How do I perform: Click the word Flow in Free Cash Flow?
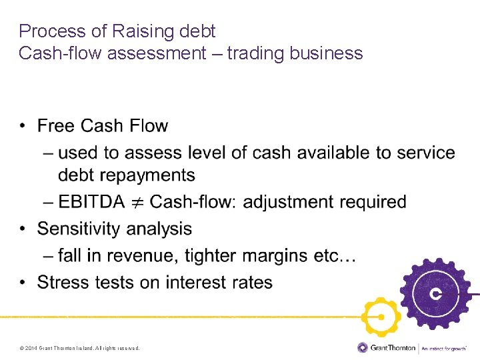tap(149, 126)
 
